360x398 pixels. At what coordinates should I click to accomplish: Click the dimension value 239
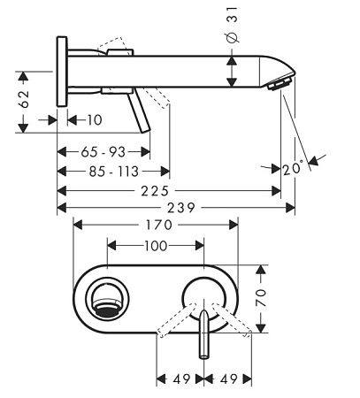181,208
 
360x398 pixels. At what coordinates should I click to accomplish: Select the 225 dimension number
155,191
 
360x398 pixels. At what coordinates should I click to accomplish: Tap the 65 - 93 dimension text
103,152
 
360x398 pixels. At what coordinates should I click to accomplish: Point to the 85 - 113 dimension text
114,172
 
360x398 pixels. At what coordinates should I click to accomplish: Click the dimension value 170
159,226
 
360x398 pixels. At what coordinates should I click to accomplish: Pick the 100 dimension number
156,246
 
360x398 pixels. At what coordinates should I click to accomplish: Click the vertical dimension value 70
261,298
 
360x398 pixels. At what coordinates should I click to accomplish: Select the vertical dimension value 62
24,99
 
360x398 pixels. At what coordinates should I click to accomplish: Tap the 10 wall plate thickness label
95,120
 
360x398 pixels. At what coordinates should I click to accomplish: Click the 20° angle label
293,169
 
